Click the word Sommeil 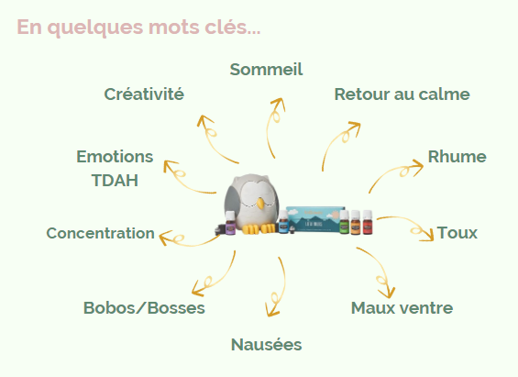pos(266,70)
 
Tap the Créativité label pos(144,94)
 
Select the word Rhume pos(457,157)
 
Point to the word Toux pos(457,233)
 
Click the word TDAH pos(115,181)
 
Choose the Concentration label pos(101,233)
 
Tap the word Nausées pos(266,345)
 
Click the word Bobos pos(110,308)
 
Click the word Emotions pos(115,157)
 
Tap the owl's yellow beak pos(260,204)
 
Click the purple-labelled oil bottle pos(230,223)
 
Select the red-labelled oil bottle pos(368,222)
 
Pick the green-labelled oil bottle pos(344,222)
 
